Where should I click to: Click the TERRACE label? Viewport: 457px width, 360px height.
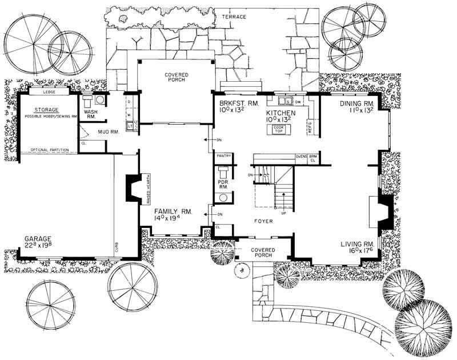tap(234, 17)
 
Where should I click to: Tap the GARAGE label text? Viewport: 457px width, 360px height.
tap(38, 239)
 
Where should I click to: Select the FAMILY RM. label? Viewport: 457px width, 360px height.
tap(174, 211)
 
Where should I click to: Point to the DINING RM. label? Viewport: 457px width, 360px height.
tap(356, 103)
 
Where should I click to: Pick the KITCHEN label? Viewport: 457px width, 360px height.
tap(280, 114)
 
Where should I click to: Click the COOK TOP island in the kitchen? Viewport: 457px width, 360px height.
tap(278, 130)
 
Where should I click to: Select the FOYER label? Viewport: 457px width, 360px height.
tap(263, 219)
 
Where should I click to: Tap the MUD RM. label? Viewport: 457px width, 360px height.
tap(107, 131)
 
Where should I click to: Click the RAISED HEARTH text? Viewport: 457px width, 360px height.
tap(148, 190)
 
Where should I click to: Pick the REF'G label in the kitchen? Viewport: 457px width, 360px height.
tap(309, 126)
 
